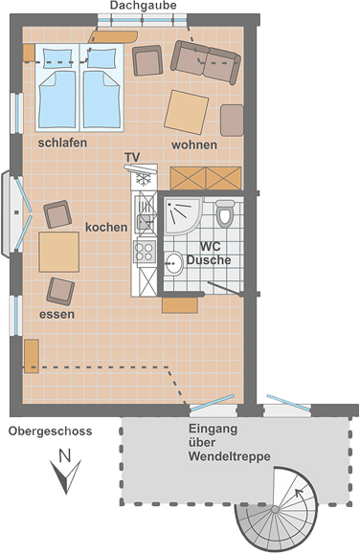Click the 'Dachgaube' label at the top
pyautogui.click(x=143, y=6)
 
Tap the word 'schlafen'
pyautogui.click(x=62, y=143)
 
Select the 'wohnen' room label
pyautogui.click(x=194, y=145)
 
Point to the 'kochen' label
pyautogui.click(x=106, y=228)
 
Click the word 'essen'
pyautogui.click(x=56, y=314)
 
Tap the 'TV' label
pyautogui.click(x=132, y=157)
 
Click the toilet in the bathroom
pyautogui.click(x=225, y=213)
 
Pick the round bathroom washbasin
pyautogui.click(x=174, y=263)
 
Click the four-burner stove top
pyautogui.click(x=145, y=252)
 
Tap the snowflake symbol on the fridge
pyautogui.click(x=144, y=180)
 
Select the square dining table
pyautogui.click(x=59, y=252)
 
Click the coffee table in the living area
pyautogui.click(x=187, y=112)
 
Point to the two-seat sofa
pyautogui.click(x=206, y=62)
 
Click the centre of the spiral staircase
pyautogui.click(x=275, y=509)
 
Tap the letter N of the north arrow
pyautogui.click(x=64, y=455)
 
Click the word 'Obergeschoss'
pyautogui.click(x=50, y=431)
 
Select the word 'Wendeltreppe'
pyautogui.click(x=230, y=456)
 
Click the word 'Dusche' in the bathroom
pyautogui.click(x=209, y=260)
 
